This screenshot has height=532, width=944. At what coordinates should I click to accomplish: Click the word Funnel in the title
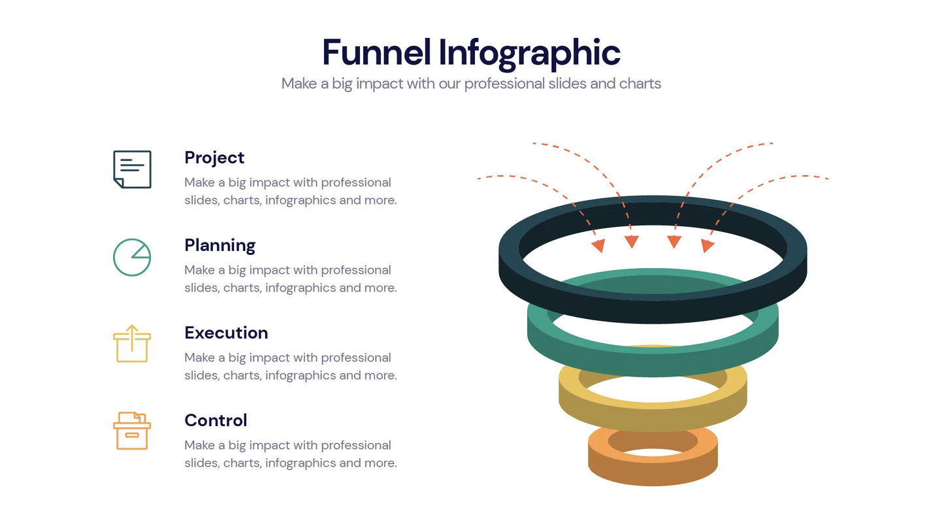376,52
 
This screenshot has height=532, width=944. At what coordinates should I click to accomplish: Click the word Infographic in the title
529,52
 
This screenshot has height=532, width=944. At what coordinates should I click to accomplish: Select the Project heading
214,158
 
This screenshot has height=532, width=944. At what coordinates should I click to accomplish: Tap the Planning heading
220,245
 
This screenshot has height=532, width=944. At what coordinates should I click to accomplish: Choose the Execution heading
226,333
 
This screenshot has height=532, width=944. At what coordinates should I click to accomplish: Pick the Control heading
216,420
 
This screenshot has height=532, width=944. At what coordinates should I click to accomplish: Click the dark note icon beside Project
132,169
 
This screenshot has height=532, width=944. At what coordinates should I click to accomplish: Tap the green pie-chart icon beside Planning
132,257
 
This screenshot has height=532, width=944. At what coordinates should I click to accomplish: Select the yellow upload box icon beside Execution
132,344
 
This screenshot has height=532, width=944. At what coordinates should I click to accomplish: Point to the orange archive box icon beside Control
132,431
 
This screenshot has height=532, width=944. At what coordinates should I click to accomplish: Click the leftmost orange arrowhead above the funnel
598,246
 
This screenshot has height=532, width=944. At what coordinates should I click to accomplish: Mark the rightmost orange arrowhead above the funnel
707,246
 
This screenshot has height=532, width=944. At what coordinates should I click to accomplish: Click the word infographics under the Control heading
301,463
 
